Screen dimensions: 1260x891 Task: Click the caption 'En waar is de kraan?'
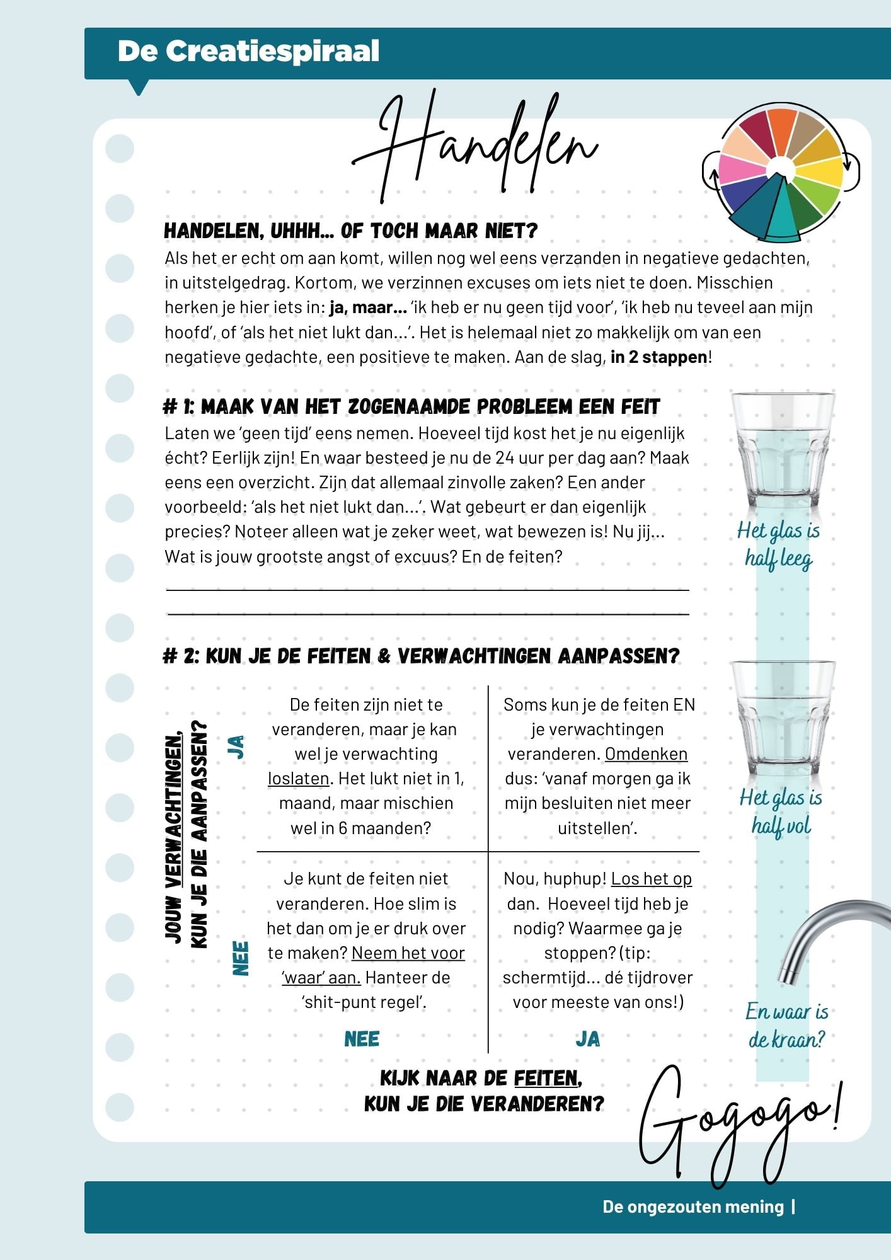[x=786, y=1026]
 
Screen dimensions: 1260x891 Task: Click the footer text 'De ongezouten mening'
[x=693, y=1206]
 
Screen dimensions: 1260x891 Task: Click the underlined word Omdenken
[x=646, y=754]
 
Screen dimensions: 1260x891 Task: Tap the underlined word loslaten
[x=298, y=779]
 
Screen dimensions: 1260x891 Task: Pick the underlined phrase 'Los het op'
[x=651, y=879]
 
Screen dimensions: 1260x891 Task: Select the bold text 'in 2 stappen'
[x=658, y=357]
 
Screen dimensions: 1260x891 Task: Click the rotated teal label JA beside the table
[x=237, y=747]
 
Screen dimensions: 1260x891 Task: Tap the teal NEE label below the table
[x=362, y=1039]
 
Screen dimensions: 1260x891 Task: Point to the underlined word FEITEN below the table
[x=545, y=1079]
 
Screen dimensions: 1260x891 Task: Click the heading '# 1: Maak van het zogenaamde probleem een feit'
[x=411, y=407]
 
